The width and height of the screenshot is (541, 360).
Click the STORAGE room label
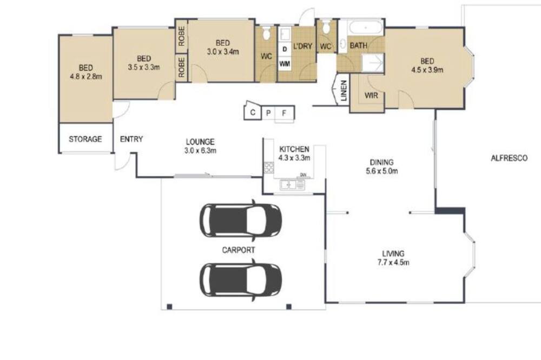click(85, 139)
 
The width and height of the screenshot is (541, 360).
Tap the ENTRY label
click(131, 139)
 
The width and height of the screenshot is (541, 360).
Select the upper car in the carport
click(241, 220)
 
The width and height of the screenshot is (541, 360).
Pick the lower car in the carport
click(241, 279)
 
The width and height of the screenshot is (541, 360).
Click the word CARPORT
click(239, 250)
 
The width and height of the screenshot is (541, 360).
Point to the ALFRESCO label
click(509, 158)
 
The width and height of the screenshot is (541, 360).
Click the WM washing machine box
click(285, 64)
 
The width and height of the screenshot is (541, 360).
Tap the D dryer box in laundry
click(285, 49)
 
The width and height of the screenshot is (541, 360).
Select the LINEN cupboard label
click(344, 91)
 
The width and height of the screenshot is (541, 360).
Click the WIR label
click(371, 96)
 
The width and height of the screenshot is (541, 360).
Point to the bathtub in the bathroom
click(366, 27)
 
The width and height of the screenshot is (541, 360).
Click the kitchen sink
click(293, 185)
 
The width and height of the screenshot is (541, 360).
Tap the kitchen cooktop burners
click(269, 168)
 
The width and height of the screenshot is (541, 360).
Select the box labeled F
click(284, 113)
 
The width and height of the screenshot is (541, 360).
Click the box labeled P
click(268, 113)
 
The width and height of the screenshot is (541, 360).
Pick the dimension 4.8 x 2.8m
click(86, 77)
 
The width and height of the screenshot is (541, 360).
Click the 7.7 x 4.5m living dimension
click(393, 262)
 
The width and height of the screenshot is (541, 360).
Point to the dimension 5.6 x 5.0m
click(381, 171)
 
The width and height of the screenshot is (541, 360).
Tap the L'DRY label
click(302, 46)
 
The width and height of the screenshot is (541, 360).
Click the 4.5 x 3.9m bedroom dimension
click(427, 70)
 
